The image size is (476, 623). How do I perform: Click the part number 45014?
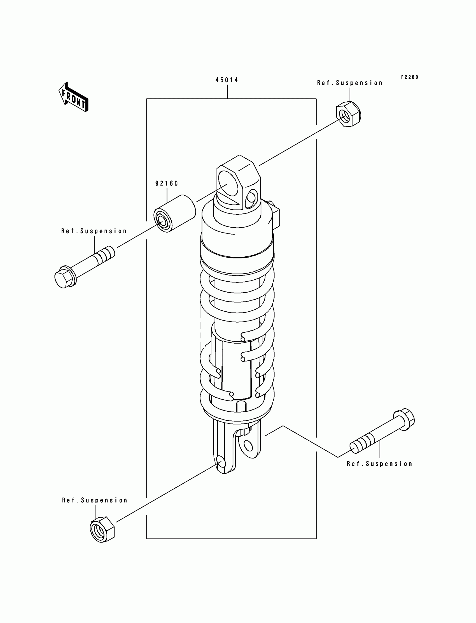(227, 80)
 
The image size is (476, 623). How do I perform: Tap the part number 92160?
(167, 184)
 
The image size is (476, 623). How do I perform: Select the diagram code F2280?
(409, 77)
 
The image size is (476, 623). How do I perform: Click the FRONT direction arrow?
(74, 97)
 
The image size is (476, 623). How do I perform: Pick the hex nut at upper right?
(349, 114)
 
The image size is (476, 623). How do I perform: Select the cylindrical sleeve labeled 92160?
(175, 214)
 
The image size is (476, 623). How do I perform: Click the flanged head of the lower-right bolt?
(404, 420)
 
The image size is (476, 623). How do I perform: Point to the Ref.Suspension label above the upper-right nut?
(350, 83)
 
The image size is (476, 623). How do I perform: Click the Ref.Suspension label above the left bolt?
(94, 231)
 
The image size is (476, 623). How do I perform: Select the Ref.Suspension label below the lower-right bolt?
(379, 464)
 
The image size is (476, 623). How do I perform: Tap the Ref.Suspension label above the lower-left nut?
(95, 500)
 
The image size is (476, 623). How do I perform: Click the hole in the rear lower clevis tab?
(248, 446)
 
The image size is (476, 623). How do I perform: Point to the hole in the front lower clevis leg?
(221, 463)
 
